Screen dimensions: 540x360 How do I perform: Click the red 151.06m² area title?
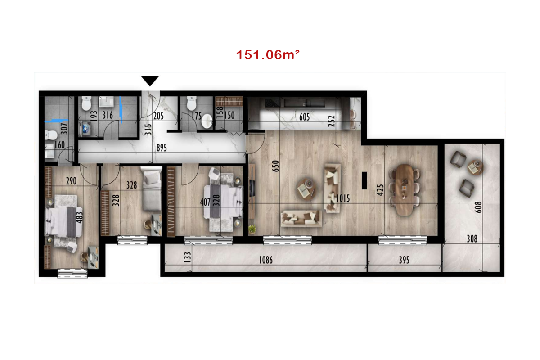click(268, 55)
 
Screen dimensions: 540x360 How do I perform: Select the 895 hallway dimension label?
click(162, 148)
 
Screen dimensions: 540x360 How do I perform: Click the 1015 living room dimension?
click(343, 198)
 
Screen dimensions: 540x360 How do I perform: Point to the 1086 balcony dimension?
click(265, 260)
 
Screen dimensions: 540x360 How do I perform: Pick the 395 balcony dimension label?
click(404, 260)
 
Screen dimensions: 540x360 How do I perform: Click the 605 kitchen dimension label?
click(304, 117)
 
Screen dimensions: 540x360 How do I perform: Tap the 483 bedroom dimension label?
click(79, 217)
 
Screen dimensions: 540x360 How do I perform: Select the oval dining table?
click(405, 190)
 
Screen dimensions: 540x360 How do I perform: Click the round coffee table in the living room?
click(306, 189)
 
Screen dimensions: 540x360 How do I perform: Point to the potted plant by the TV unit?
click(252, 229)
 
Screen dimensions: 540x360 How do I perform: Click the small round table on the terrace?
click(475, 167)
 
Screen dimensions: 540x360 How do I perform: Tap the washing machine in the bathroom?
click(85, 129)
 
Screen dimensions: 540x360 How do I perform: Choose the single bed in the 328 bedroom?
click(151, 189)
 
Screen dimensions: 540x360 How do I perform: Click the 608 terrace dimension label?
click(478, 207)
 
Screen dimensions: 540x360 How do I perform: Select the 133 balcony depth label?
click(187, 257)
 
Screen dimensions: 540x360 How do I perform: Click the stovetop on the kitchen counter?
click(273, 103)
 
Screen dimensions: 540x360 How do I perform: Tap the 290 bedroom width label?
click(71, 181)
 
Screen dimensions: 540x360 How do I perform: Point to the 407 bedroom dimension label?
click(205, 202)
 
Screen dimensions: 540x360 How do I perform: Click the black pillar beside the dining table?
click(364, 180)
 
